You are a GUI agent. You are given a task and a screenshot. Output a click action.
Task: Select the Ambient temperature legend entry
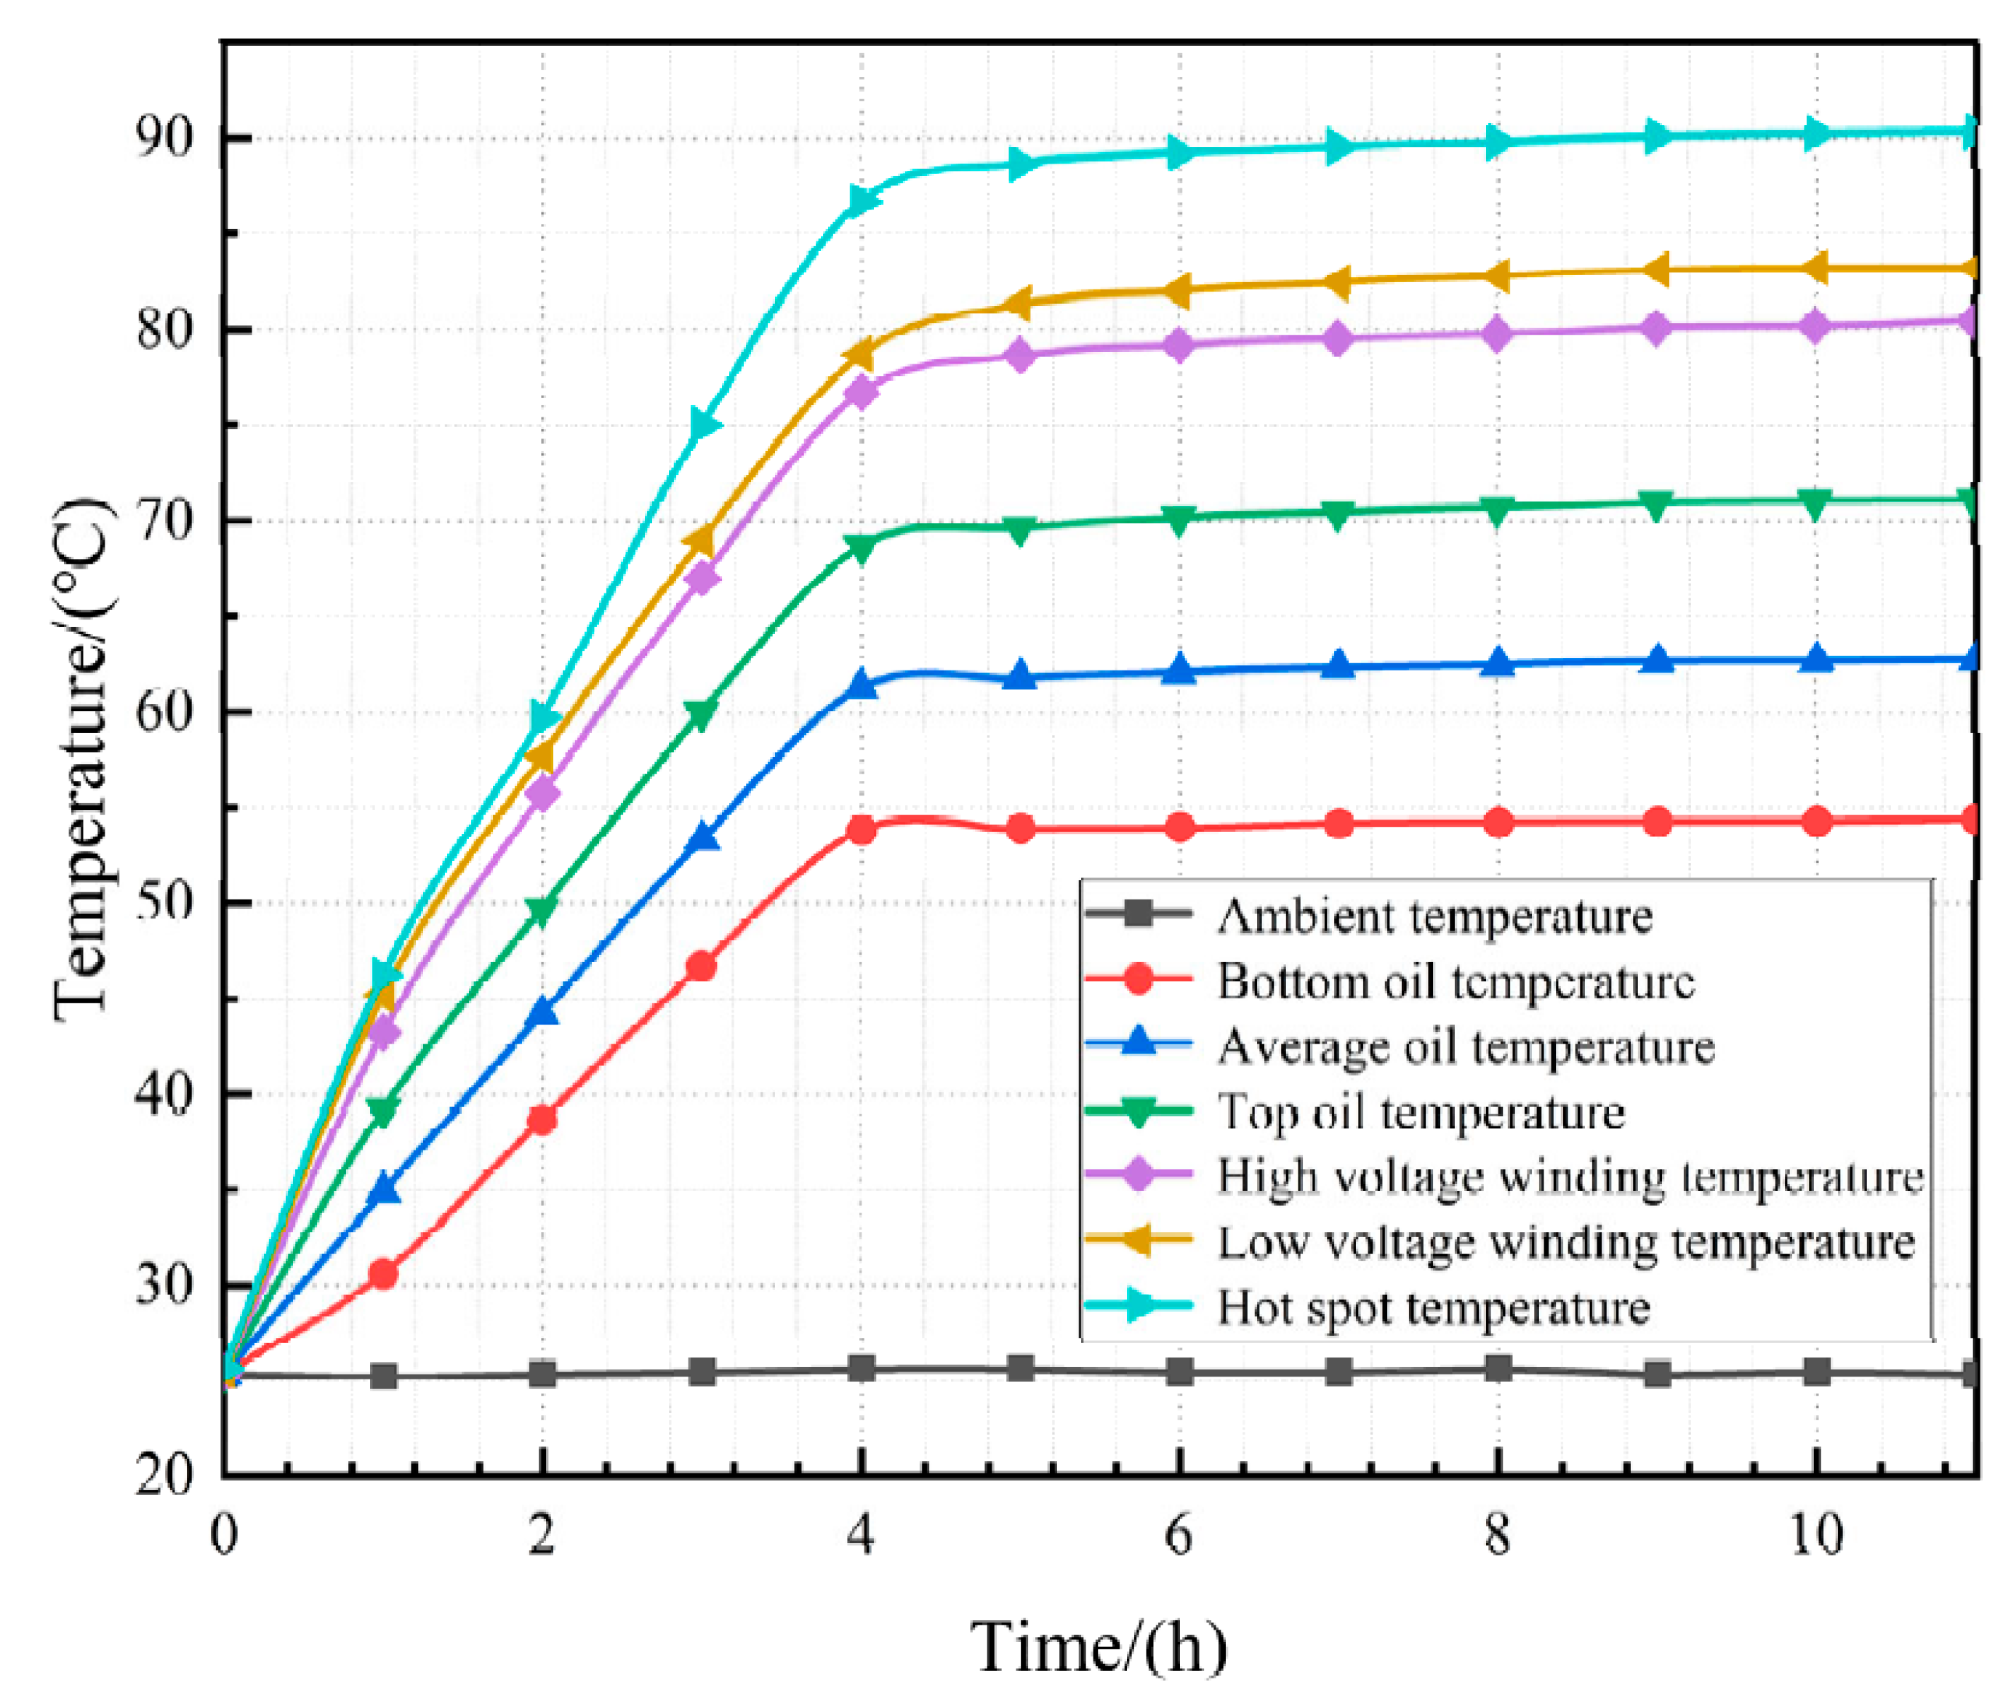1434,916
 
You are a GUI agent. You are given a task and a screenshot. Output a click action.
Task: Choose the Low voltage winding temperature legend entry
1566,1242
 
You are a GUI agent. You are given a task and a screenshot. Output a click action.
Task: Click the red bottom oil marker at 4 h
862,830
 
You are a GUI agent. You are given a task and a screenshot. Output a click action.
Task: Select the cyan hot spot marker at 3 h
705,425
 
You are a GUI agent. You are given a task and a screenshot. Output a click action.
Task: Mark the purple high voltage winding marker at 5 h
1020,355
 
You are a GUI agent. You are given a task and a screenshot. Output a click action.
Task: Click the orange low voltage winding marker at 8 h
1498,276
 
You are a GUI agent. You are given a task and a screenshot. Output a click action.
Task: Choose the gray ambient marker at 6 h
1180,1371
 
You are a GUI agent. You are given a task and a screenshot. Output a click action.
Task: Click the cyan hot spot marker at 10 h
1816,133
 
